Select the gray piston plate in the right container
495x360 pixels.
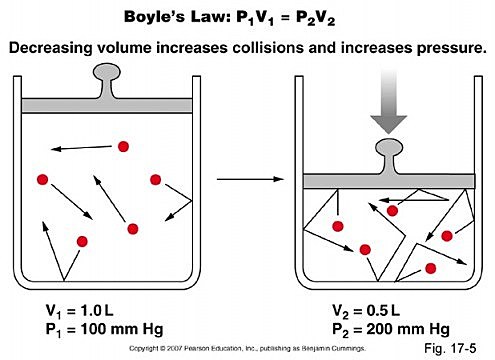pyautogui.click(x=385, y=181)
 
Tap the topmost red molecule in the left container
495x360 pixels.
pyautogui.click(x=123, y=147)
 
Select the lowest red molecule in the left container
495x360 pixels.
pyautogui.click(x=83, y=241)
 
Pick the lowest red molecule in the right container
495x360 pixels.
pyautogui.click(x=431, y=268)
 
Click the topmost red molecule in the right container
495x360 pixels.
pyautogui.click(x=393, y=211)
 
